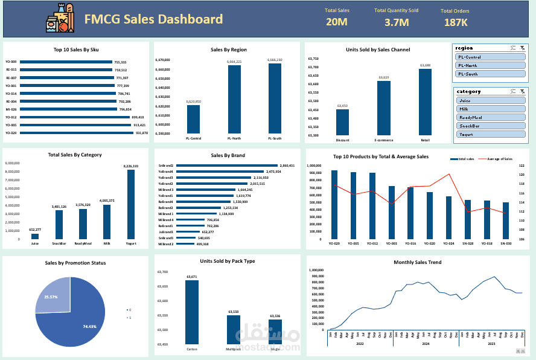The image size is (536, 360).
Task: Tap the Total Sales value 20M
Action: click(x=336, y=22)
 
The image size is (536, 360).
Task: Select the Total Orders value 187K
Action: click(x=455, y=22)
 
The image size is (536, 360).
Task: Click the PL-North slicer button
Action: click(x=490, y=65)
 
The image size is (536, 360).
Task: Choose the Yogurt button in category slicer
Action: click(x=491, y=135)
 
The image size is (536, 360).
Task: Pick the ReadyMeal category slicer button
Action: click(x=491, y=118)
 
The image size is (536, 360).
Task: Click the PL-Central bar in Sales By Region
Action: click(x=193, y=119)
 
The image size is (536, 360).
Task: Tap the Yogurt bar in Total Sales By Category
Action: click(x=130, y=205)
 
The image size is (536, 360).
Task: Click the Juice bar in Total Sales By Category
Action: click(x=35, y=236)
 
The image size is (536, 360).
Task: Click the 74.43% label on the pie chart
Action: click(x=89, y=326)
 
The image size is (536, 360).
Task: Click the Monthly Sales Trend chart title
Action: click(x=417, y=262)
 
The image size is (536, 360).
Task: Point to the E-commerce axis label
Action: click(x=384, y=140)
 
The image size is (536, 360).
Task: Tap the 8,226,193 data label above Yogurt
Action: click(x=130, y=166)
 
